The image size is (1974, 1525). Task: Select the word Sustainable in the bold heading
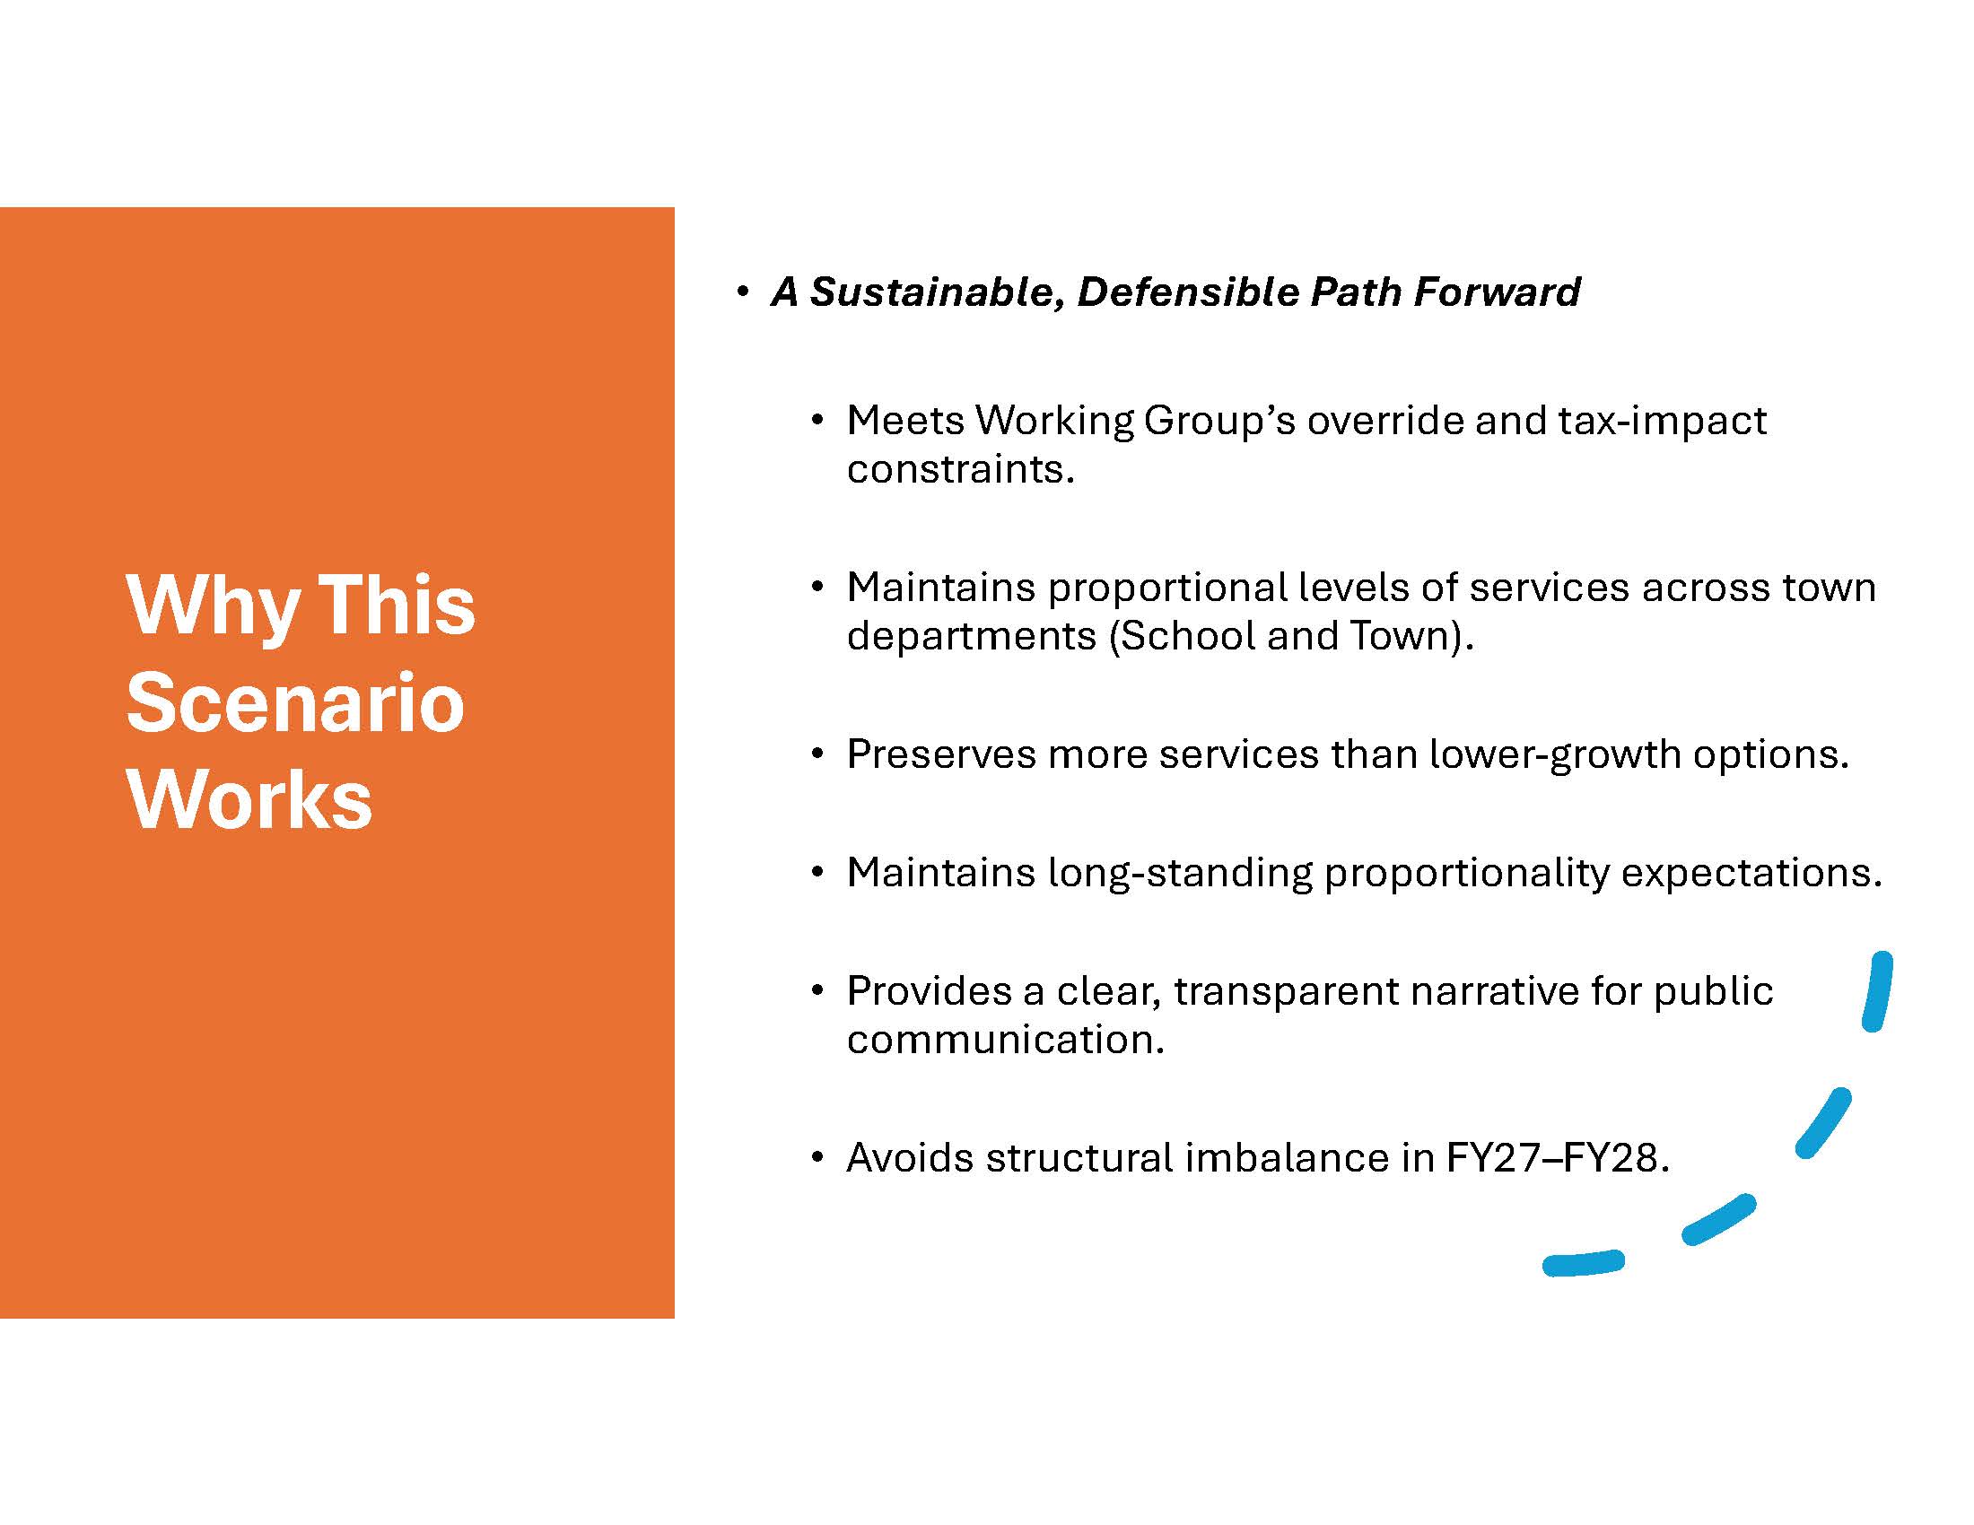(x=938, y=292)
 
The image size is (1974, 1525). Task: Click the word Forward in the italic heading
(x=1498, y=292)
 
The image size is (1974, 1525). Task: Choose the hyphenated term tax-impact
(x=1662, y=422)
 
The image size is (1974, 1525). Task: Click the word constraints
(x=961, y=470)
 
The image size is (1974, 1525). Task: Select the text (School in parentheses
(x=1182, y=636)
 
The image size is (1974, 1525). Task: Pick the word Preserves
(x=941, y=754)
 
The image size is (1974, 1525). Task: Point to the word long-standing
(x=1180, y=874)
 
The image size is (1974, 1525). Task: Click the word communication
(x=1006, y=1040)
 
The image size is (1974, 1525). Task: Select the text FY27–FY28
(x=1558, y=1158)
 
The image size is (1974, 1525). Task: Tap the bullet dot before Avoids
(x=817, y=1158)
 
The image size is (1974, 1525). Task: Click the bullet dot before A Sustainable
(x=743, y=292)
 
